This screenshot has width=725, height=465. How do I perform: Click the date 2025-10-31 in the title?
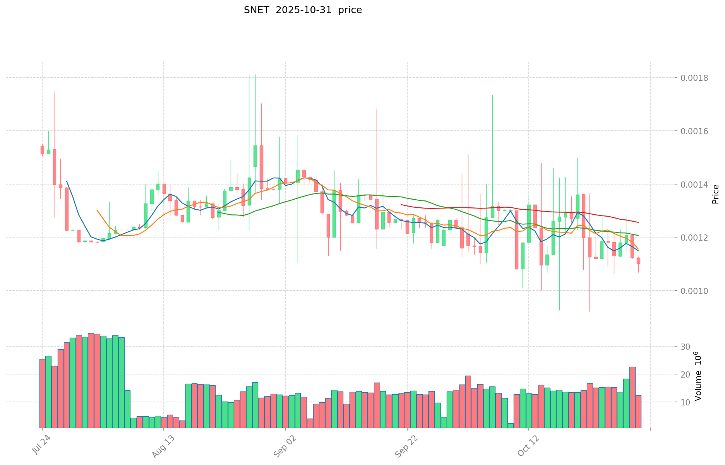pyautogui.click(x=304, y=10)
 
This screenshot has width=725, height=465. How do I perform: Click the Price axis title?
pyautogui.click(x=715, y=194)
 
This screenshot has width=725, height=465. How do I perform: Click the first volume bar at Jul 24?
pyautogui.click(x=42, y=393)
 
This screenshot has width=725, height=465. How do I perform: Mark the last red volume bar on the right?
pyautogui.click(x=638, y=411)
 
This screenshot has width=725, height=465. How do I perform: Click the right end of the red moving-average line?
pyautogui.click(x=638, y=222)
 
